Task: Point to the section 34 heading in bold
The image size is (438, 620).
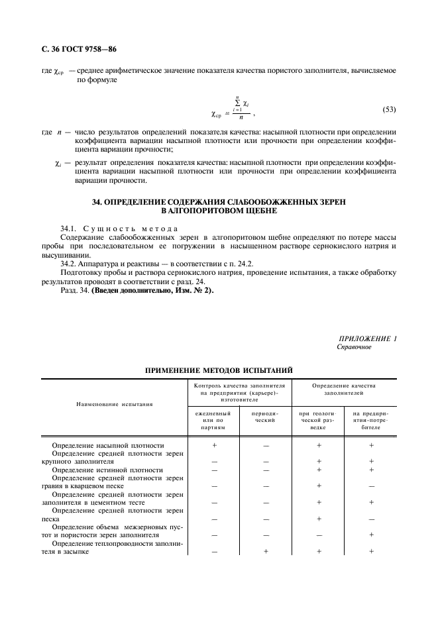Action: pos(219,205)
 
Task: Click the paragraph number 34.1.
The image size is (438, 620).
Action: pos(70,229)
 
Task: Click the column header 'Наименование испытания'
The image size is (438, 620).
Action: pos(115,403)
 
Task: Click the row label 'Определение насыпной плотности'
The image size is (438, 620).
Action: pos(108,445)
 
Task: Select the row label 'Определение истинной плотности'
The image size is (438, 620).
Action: pos(107,470)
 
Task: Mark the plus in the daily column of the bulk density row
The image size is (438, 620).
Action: pos(214,445)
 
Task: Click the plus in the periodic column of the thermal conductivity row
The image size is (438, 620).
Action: pos(265,551)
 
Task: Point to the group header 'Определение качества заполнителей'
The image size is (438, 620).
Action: pos(344,388)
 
